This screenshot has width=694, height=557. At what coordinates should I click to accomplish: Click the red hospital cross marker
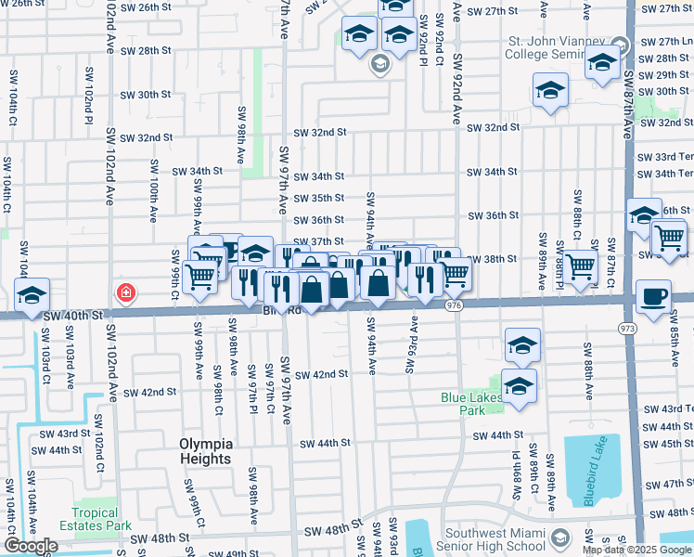coord(124,293)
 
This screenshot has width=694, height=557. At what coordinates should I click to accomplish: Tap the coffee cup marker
coord(655,297)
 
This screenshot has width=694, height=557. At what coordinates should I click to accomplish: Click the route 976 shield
coord(454,304)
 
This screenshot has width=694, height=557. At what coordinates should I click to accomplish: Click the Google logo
coord(31,546)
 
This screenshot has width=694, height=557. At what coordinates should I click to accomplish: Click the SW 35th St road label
coord(319,199)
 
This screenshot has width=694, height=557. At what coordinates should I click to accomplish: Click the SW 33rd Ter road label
coord(665,157)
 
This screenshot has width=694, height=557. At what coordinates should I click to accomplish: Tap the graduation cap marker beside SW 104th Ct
coord(32,296)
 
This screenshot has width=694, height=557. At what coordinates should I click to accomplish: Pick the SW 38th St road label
coord(491,259)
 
